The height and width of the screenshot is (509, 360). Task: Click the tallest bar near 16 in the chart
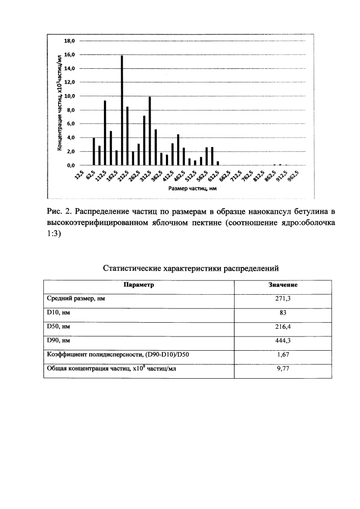point(122,110)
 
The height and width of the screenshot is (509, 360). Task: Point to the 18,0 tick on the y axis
point(69,40)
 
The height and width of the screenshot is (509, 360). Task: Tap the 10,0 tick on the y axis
point(69,96)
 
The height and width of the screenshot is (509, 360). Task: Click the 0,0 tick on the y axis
point(70,165)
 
